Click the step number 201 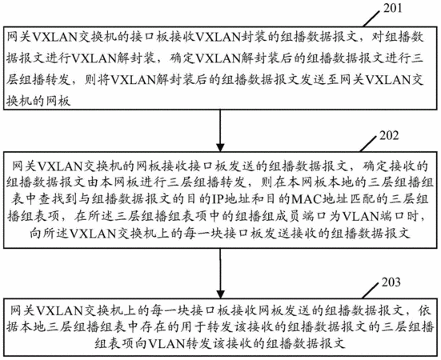coord(393,8)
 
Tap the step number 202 coord(389,136)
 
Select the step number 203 coord(391,282)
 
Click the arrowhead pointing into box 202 coord(220,147)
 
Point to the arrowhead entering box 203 coord(220,294)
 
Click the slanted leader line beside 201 coord(372,19)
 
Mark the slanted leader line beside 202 coord(368,144)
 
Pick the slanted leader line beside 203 coord(370,290)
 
